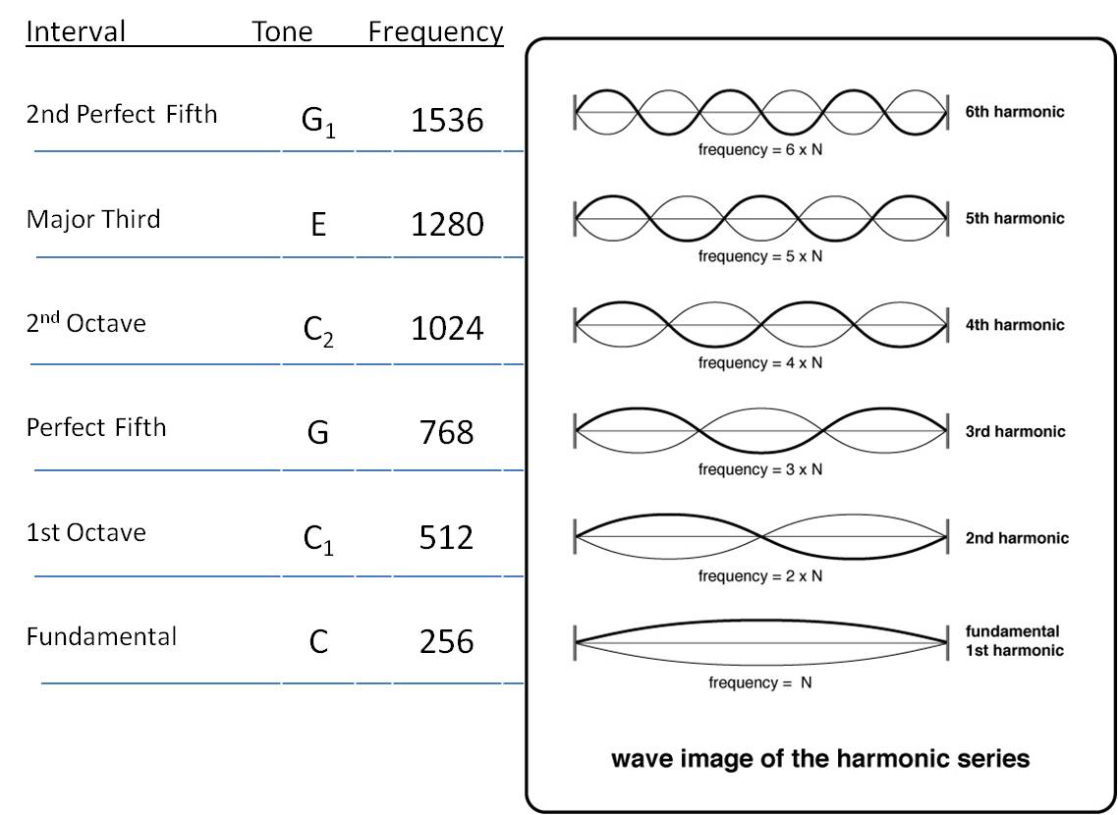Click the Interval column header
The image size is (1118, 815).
[x=76, y=32]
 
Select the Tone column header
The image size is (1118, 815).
[x=282, y=32]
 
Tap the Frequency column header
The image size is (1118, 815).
[x=435, y=32]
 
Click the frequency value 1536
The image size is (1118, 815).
[x=447, y=121]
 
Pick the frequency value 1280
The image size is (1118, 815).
[x=447, y=225]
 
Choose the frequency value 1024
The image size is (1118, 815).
[x=447, y=328]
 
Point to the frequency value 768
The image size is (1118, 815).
[x=447, y=432]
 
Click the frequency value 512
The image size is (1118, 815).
[x=447, y=537]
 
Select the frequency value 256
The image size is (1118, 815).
[x=447, y=641]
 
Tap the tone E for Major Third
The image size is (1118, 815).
[x=317, y=226]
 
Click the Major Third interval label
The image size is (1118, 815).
[x=93, y=219]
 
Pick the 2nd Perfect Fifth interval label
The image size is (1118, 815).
[x=122, y=115]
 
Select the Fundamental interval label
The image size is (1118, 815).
[x=101, y=637]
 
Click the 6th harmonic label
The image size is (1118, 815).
[x=1015, y=112]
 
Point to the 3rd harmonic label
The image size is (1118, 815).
[x=1015, y=431]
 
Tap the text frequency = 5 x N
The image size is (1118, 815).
[x=760, y=256]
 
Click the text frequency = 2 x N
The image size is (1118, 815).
[x=760, y=576]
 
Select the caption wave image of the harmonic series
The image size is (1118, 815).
[x=820, y=759]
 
